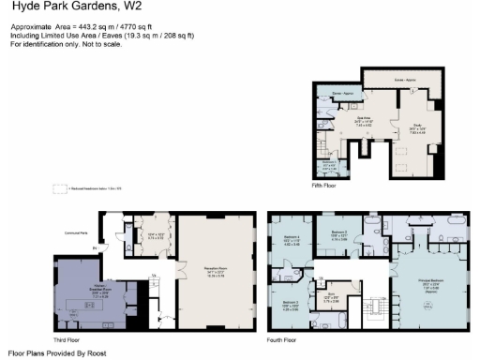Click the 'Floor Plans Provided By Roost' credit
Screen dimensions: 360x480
pyautogui.click(x=56, y=352)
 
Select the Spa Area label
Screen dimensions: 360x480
pyautogui.click(x=364, y=120)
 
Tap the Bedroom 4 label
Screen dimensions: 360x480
pyautogui.click(x=292, y=240)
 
